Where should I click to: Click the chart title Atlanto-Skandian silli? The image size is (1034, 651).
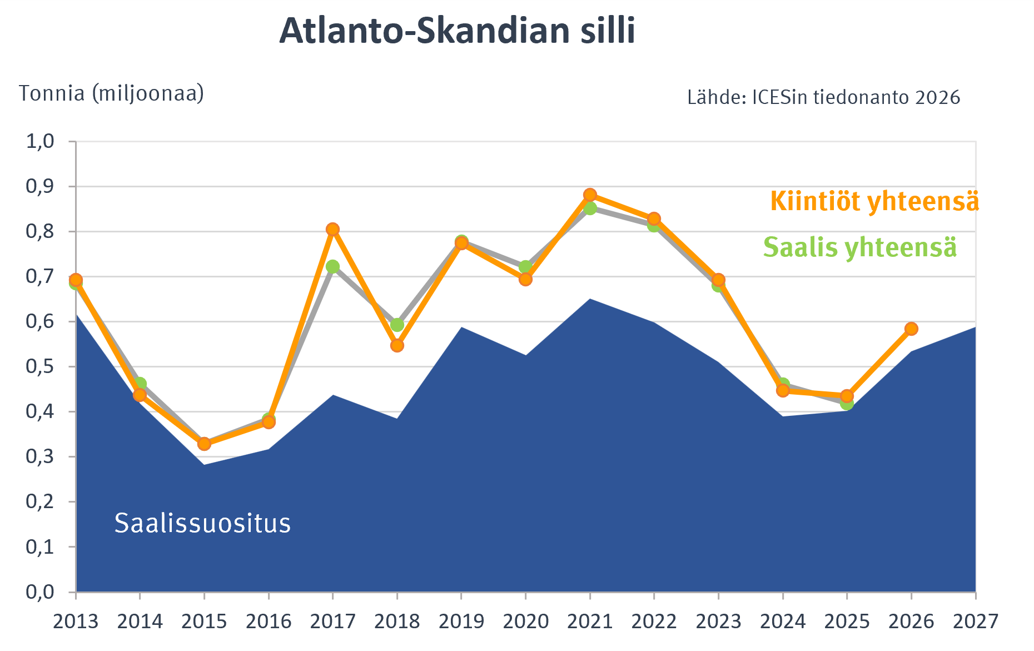tap(457, 31)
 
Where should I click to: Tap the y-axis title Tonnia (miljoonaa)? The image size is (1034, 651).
tap(112, 93)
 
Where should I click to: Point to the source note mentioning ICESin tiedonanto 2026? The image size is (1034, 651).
tap(824, 97)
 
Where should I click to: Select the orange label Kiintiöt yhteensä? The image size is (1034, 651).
tap(874, 201)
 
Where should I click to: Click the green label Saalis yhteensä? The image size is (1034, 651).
tap(860, 247)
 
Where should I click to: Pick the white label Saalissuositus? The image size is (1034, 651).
tap(202, 523)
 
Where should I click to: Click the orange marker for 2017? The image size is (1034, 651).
tap(332, 229)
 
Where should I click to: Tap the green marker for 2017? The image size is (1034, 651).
tap(332, 267)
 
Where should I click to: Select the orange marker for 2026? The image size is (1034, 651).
tap(911, 329)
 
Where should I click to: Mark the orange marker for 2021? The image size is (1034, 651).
tap(590, 195)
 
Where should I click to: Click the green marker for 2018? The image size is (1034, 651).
tap(397, 325)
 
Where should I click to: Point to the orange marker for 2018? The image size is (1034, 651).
tap(397, 345)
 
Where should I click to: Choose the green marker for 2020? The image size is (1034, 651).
tap(525, 267)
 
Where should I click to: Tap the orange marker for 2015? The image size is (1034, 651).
tap(204, 444)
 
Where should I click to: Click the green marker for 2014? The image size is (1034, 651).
tap(140, 384)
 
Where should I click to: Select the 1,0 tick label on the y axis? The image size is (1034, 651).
tap(41, 141)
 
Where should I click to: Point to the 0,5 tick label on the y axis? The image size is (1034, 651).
tap(41, 367)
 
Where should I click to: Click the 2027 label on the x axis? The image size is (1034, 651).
tap(976, 621)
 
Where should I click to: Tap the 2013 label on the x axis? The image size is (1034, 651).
tap(76, 621)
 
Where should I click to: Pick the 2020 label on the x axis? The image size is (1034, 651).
tap(525, 621)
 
